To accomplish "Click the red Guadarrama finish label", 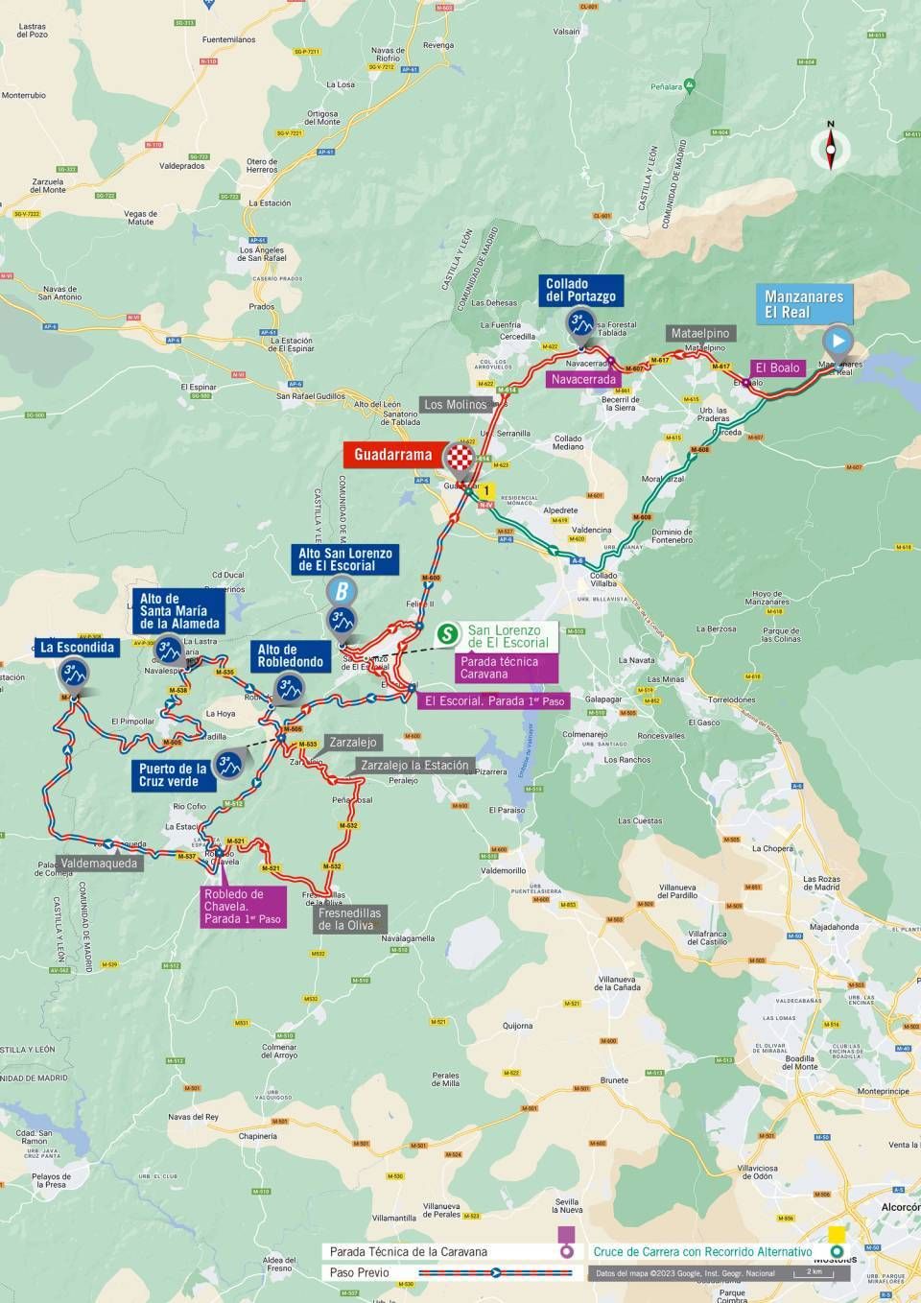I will pos(392,455).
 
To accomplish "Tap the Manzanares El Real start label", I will pos(804,304).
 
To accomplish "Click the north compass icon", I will pos(831,147).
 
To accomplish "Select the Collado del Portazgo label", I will pos(581,290).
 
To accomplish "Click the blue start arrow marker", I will pos(838,340).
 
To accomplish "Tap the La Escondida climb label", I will pos(77,647).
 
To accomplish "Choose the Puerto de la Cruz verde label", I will pos(173,775).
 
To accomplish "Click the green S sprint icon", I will pos(447,634).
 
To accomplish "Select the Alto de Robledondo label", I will pos(290,656).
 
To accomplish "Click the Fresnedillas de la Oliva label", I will pos(349,919).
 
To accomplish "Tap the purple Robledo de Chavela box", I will pos(243,907).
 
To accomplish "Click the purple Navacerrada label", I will pos(580,379).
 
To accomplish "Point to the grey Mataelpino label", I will pos(700,333).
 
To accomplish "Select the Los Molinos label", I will pos(456,404).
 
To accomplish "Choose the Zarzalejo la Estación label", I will pos(414,765).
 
